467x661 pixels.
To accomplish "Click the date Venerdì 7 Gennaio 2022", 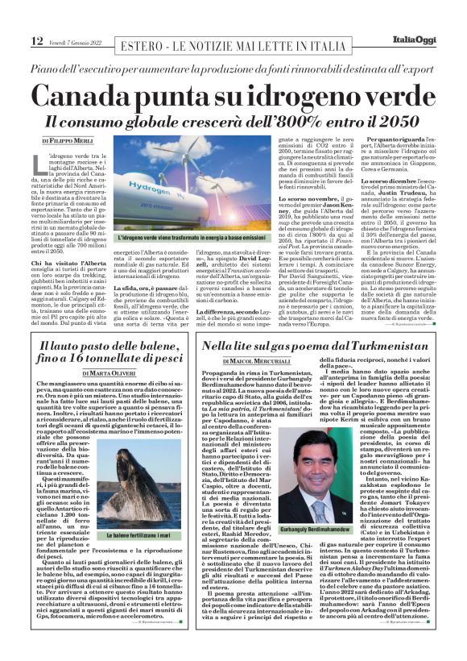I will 76,42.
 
